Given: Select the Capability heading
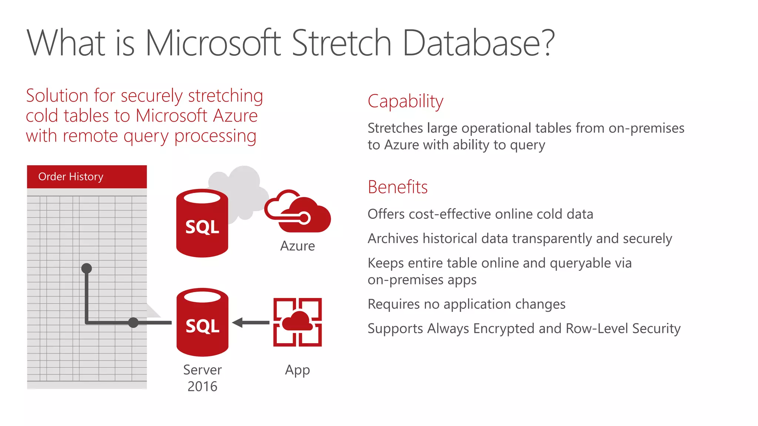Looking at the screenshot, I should click(405, 101).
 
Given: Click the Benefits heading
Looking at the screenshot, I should click(398, 187).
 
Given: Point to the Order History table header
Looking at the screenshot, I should click(87, 177).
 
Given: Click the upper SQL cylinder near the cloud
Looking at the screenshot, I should click(202, 223).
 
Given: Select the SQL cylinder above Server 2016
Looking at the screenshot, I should click(202, 322).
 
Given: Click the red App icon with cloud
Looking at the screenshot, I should click(298, 322).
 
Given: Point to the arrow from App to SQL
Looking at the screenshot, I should click(251, 322).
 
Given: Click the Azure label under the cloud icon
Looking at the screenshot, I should click(298, 246).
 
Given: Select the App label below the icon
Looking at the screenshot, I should click(297, 370).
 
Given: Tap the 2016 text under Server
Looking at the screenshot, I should click(202, 387).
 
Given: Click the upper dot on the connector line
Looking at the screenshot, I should click(87, 268).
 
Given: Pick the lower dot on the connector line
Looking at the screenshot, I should click(133, 322).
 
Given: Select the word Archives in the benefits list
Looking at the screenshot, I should click(393, 239).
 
